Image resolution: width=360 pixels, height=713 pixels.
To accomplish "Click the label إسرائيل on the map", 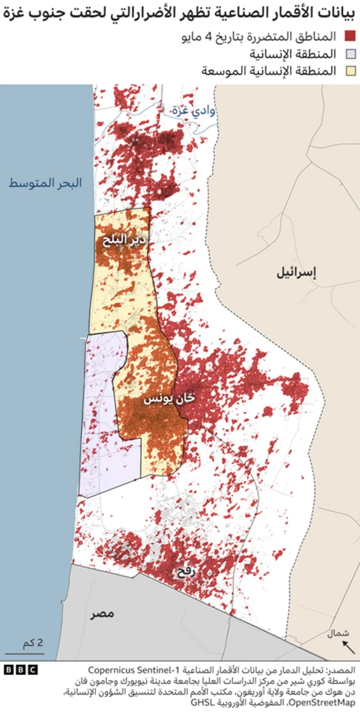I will tap(296, 273).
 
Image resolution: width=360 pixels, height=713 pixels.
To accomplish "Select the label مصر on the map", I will tap(103, 613).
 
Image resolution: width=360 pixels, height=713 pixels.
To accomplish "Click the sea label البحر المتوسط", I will tap(45, 183).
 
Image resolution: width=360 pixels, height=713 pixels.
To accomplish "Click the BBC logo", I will tap(20, 670).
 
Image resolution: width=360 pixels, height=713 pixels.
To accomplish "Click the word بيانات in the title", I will tap(337, 12).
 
